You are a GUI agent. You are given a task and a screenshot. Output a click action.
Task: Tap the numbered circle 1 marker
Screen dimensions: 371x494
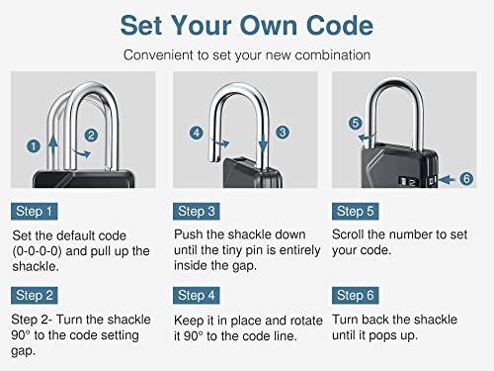point(34,145)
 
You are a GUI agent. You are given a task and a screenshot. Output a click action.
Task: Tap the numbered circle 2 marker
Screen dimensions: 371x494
point(91,135)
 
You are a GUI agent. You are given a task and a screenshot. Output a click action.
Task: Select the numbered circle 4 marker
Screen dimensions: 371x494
point(197,132)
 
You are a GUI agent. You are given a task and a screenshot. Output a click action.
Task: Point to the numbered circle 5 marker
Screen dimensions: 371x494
point(355,123)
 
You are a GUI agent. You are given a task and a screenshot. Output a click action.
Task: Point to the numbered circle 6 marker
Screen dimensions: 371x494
point(467,178)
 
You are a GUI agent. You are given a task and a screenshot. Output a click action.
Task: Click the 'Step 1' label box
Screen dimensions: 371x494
point(36,211)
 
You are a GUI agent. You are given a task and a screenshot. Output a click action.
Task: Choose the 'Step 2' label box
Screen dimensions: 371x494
point(36,295)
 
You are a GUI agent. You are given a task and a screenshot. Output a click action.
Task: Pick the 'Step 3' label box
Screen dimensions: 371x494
point(198,211)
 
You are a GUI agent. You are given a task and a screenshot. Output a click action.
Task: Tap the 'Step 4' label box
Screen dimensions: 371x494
point(198,295)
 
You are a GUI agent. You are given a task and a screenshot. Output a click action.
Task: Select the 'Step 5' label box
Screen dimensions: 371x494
point(357,211)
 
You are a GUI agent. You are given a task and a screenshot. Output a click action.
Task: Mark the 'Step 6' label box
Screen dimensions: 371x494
point(357,295)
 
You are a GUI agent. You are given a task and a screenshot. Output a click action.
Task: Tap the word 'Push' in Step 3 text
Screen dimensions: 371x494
point(191,234)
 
